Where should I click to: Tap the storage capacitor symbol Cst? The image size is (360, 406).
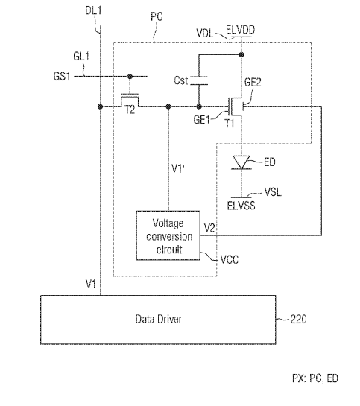[x=199, y=80]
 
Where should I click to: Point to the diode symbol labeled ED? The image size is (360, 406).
[x=241, y=162]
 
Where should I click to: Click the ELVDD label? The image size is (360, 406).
[x=240, y=30]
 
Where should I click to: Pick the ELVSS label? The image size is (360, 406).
[x=241, y=206]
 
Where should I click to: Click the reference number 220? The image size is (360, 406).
[x=298, y=319]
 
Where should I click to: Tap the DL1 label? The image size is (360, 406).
[x=93, y=10]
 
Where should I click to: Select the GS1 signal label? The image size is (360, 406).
[x=62, y=77]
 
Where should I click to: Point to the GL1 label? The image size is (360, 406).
[x=81, y=56]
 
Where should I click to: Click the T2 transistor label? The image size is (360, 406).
[x=130, y=110]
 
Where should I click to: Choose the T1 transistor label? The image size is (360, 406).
[x=230, y=123]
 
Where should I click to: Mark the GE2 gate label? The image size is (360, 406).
[x=253, y=83]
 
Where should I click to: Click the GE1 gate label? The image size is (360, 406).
[x=201, y=120]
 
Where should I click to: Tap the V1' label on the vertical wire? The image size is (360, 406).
[x=178, y=168]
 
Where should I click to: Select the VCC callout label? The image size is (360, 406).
[x=230, y=259]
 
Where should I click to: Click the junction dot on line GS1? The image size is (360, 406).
[x=130, y=77]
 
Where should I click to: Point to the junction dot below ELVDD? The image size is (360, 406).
[x=241, y=54]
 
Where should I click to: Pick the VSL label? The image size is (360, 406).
[x=273, y=192]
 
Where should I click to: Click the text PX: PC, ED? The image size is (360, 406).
[x=315, y=378]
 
